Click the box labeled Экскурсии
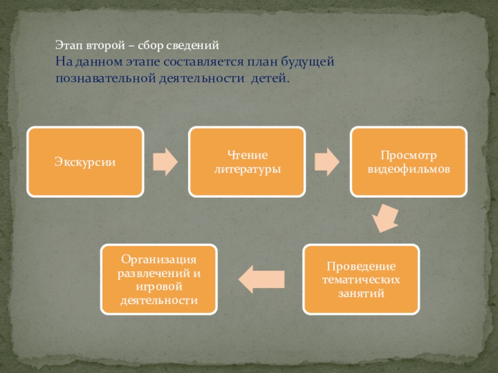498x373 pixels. (x=85, y=162)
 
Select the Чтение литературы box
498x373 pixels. (x=247, y=162)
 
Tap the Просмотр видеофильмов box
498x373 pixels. (x=408, y=162)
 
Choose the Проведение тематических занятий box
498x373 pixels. (x=361, y=279)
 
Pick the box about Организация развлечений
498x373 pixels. (x=159, y=279)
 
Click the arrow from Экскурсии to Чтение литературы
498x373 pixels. (x=166, y=162)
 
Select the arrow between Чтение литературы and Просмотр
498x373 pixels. (x=327, y=162)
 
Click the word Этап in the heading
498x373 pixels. (x=67, y=46)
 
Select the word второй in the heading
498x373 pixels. (x=100, y=46)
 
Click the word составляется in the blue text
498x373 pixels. (x=199, y=62)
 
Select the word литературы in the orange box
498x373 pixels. (x=247, y=168)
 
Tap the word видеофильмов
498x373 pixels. (x=408, y=168)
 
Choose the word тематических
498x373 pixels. (x=361, y=280)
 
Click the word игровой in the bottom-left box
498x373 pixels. (x=159, y=289)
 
